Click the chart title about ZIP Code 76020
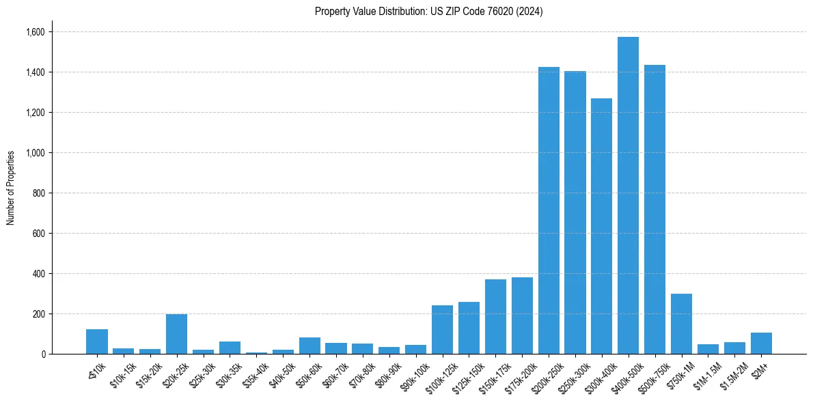[x=428, y=12]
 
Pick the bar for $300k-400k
[x=601, y=226]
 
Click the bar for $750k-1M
[x=681, y=324]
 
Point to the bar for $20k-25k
[x=176, y=334]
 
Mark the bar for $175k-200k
[x=522, y=316]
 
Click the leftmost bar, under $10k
[x=96, y=342]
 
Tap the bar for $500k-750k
[x=654, y=209]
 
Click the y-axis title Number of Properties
[x=11, y=188]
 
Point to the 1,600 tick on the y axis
[x=35, y=32]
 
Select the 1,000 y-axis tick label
[x=35, y=153]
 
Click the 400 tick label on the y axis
[x=38, y=274]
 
